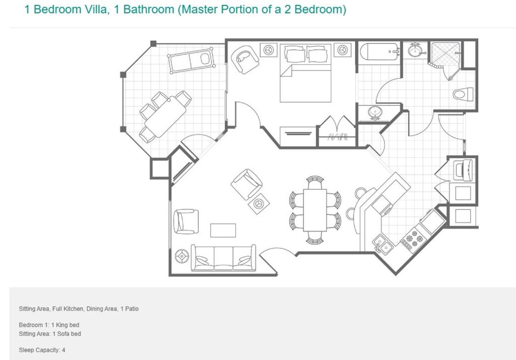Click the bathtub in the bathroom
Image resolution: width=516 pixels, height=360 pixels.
point(379,52)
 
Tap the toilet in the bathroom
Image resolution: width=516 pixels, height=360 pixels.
point(463,94)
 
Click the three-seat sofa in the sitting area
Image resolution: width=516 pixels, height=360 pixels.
point(223,258)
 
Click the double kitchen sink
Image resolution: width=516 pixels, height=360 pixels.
point(382,244)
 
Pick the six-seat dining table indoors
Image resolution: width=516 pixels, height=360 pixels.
point(315,210)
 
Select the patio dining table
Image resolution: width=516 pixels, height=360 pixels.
point(165,116)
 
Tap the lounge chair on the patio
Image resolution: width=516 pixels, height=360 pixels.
point(191,61)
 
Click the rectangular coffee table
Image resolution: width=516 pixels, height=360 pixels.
point(223,230)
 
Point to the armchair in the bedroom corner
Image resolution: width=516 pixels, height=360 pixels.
point(245,59)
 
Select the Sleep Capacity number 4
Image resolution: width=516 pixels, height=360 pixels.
point(63,350)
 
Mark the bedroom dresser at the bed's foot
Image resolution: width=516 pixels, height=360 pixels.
point(298,135)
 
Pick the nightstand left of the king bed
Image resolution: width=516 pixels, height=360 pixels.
point(269,50)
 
